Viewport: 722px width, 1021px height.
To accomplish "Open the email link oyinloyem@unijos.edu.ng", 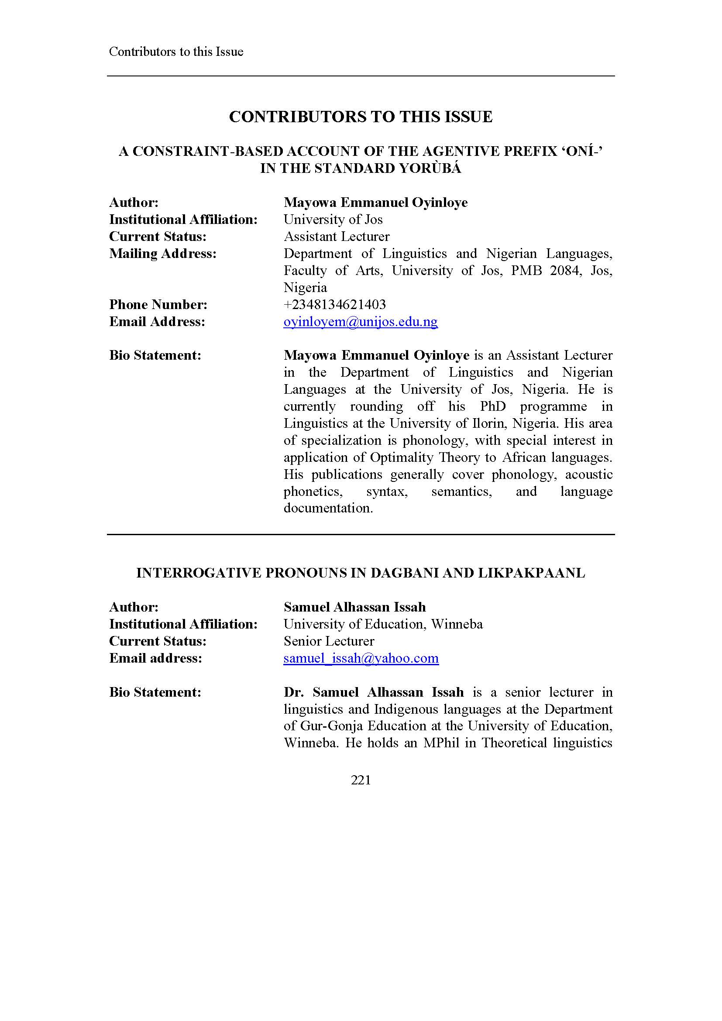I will click(361, 322).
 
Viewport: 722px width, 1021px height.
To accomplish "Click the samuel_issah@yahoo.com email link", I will click(361, 658).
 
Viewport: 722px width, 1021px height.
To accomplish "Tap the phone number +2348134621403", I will click(335, 305).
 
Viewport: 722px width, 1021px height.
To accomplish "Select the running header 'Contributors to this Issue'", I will click(176, 52).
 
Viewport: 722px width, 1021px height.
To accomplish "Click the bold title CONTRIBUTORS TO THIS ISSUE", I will click(361, 117).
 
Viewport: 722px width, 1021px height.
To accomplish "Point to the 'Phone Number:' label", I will click(158, 305).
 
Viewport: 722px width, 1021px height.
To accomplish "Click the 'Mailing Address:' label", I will click(163, 254).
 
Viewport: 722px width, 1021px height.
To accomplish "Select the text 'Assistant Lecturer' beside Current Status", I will click(337, 237).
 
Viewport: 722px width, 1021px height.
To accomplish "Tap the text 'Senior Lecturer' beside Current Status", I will click(329, 641).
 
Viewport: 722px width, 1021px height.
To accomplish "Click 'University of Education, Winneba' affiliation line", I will click(383, 624).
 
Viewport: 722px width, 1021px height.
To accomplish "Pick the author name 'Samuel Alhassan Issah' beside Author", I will click(355, 607).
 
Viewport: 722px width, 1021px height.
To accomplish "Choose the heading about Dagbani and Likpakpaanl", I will click(361, 573).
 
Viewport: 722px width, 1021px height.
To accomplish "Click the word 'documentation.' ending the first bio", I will click(328, 508).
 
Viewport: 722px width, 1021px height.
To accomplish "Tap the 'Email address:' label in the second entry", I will click(155, 658).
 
